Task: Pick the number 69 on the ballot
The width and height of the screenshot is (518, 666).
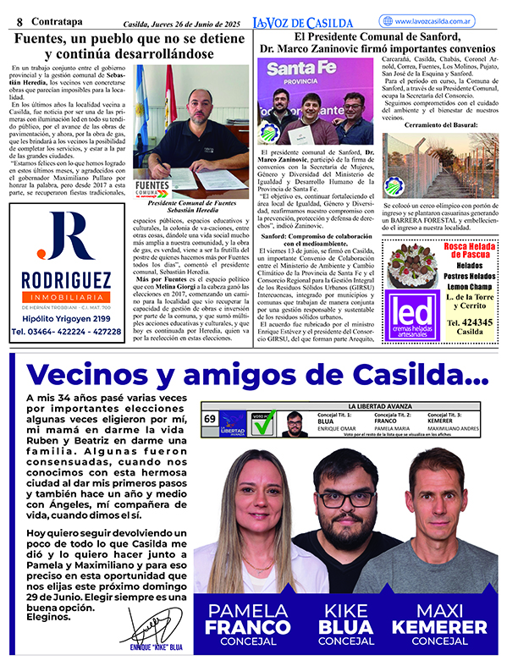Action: pos(209,418)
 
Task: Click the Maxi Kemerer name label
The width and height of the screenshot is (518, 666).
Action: pos(440,622)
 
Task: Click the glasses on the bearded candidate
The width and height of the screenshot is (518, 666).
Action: pos(347,497)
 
